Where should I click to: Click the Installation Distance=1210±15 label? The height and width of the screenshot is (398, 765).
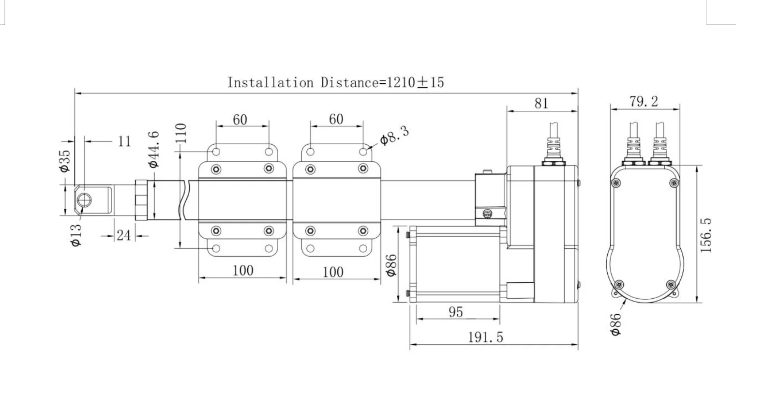pos(335,82)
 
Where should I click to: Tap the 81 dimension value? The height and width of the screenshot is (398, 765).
pos(541,103)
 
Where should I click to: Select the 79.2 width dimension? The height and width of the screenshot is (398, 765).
pos(644,102)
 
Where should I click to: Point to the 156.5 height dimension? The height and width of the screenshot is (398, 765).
pos(706,235)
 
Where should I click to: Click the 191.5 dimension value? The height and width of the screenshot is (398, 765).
pos(485,337)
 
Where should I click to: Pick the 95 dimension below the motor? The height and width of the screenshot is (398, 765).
pos(456,312)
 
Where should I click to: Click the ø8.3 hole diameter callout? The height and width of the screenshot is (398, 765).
pos(394,136)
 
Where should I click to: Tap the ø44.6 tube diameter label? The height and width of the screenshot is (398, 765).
pos(154,149)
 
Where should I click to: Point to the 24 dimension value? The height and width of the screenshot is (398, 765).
pos(123,235)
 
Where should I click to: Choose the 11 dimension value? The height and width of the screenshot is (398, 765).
pos(124,141)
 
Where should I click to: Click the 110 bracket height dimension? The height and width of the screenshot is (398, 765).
pos(180,133)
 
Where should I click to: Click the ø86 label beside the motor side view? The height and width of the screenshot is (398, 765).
pos(391,265)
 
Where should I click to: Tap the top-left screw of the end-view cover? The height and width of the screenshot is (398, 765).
pos(615,183)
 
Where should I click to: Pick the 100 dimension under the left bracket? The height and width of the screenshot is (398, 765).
pos(243,270)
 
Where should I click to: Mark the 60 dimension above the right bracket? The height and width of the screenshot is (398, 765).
pos(336,119)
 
